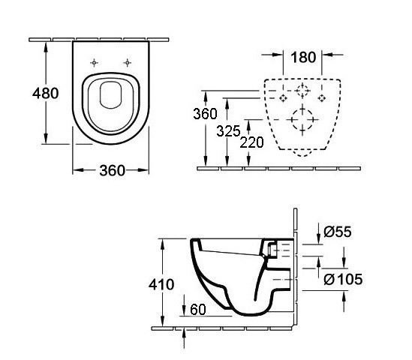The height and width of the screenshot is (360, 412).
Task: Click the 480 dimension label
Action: (x=46, y=93)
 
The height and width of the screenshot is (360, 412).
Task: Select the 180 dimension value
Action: (x=303, y=57)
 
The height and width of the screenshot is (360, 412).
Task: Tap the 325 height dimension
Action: (x=228, y=131)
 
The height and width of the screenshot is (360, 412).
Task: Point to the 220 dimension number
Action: (x=251, y=142)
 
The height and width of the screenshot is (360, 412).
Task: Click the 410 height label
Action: (x=161, y=284)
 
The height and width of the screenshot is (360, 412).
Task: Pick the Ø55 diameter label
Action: (x=338, y=232)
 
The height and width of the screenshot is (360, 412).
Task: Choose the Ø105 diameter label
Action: (x=343, y=279)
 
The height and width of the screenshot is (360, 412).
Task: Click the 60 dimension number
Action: (x=198, y=310)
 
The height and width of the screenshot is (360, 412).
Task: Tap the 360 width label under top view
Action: (x=113, y=171)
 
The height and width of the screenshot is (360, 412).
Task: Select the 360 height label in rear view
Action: (x=205, y=114)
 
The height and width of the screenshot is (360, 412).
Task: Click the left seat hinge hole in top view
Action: (x=94, y=63)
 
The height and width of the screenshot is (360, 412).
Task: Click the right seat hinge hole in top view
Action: (x=128, y=63)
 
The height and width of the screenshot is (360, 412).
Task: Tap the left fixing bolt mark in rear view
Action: (x=283, y=98)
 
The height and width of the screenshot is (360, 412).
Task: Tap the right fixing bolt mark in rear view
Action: (x=321, y=98)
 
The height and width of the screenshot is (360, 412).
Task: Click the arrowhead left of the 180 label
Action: (x=278, y=55)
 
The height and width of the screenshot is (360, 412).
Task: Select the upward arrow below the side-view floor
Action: (x=184, y=339)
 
